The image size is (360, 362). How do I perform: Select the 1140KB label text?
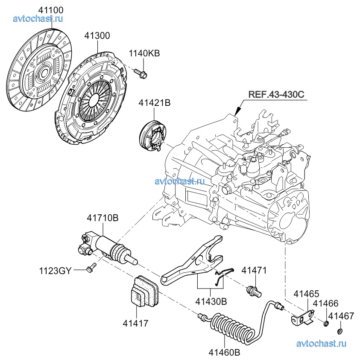click(144, 53)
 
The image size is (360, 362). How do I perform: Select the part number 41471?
click(254, 270)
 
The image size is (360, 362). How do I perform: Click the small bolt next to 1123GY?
click(90, 269)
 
